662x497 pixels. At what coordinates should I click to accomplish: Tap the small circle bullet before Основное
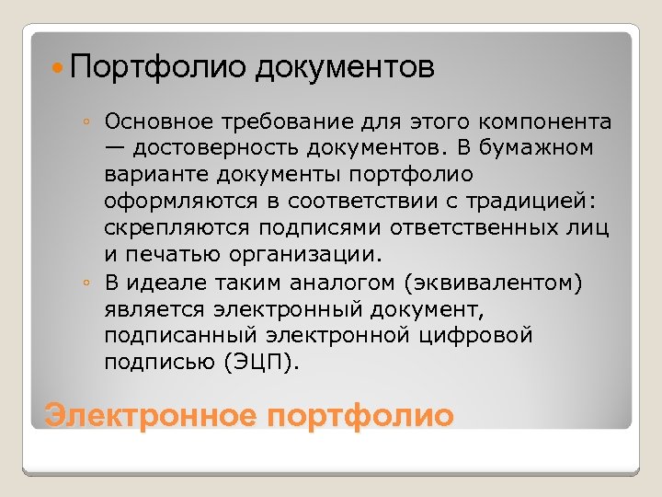coord(84,122)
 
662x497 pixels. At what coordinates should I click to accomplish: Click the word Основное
coord(157,122)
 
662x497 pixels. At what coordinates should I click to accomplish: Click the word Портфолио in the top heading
coord(156,67)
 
